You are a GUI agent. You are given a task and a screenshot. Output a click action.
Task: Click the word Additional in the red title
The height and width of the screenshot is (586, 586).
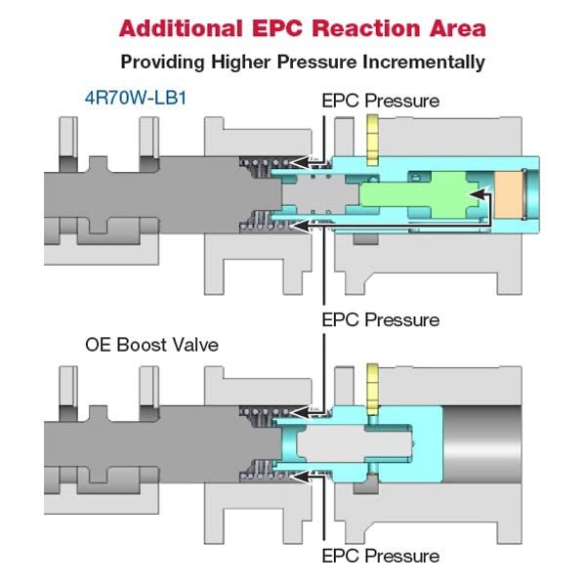click(x=181, y=28)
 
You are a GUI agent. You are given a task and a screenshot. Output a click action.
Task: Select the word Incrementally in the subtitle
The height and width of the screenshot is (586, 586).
click(x=424, y=63)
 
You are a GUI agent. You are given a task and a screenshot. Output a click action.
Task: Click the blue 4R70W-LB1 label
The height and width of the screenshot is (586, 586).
click(x=136, y=98)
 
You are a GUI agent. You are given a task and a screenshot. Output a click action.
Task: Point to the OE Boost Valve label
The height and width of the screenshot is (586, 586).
click(x=151, y=345)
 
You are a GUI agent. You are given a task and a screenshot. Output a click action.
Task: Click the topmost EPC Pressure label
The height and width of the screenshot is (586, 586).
click(x=381, y=101)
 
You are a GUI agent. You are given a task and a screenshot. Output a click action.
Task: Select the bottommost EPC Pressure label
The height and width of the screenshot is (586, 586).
click(x=381, y=556)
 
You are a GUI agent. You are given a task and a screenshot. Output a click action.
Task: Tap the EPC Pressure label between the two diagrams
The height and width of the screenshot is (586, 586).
click(x=381, y=320)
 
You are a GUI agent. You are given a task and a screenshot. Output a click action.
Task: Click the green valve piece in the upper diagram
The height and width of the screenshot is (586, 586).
click(x=419, y=194)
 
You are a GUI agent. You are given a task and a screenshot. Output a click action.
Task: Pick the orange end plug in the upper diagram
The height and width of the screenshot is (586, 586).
click(x=508, y=195)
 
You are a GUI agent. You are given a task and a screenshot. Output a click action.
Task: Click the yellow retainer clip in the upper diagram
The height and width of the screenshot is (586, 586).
click(x=373, y=140)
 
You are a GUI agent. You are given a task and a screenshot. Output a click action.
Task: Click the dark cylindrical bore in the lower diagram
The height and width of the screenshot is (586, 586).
click(x=482, y=444)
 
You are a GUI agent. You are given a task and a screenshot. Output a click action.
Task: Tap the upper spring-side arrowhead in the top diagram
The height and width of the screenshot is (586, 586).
click(x=298, y=162)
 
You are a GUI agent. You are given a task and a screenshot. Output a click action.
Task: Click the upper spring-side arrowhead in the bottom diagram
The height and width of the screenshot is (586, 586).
click(x=298, y=412)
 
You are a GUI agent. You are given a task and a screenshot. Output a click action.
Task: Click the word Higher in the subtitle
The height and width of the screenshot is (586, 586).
click(x=240, y=63)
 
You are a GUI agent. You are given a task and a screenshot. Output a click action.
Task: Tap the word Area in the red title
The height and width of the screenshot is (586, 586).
click(x=458, y=28)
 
